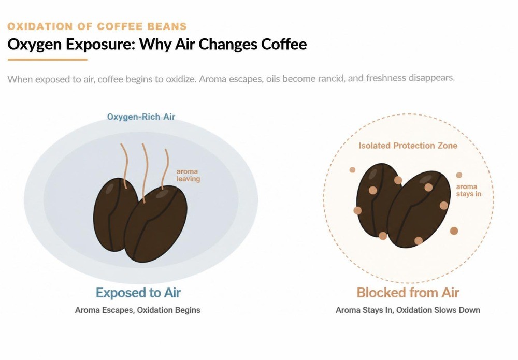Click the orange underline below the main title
pos(47,60)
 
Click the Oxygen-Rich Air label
pos(141,117)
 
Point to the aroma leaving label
pos(188,175)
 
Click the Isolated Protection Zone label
pos(408,146)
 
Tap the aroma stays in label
pos(468,190)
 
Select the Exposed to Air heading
pos(138,293)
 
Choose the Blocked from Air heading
pos(408,293)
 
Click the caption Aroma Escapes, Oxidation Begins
pos(137,310)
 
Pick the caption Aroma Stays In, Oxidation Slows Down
pos(408,310)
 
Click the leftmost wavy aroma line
pos(124,165)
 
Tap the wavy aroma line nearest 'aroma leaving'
pos(166,169)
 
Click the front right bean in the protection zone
pos(419,209)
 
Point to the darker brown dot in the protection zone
pos(454,231)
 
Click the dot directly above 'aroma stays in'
pos(459,175)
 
